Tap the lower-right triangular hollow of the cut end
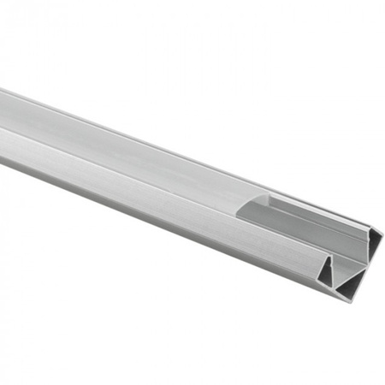(x=353, y=284)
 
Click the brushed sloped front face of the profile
(x=171, y=205)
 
